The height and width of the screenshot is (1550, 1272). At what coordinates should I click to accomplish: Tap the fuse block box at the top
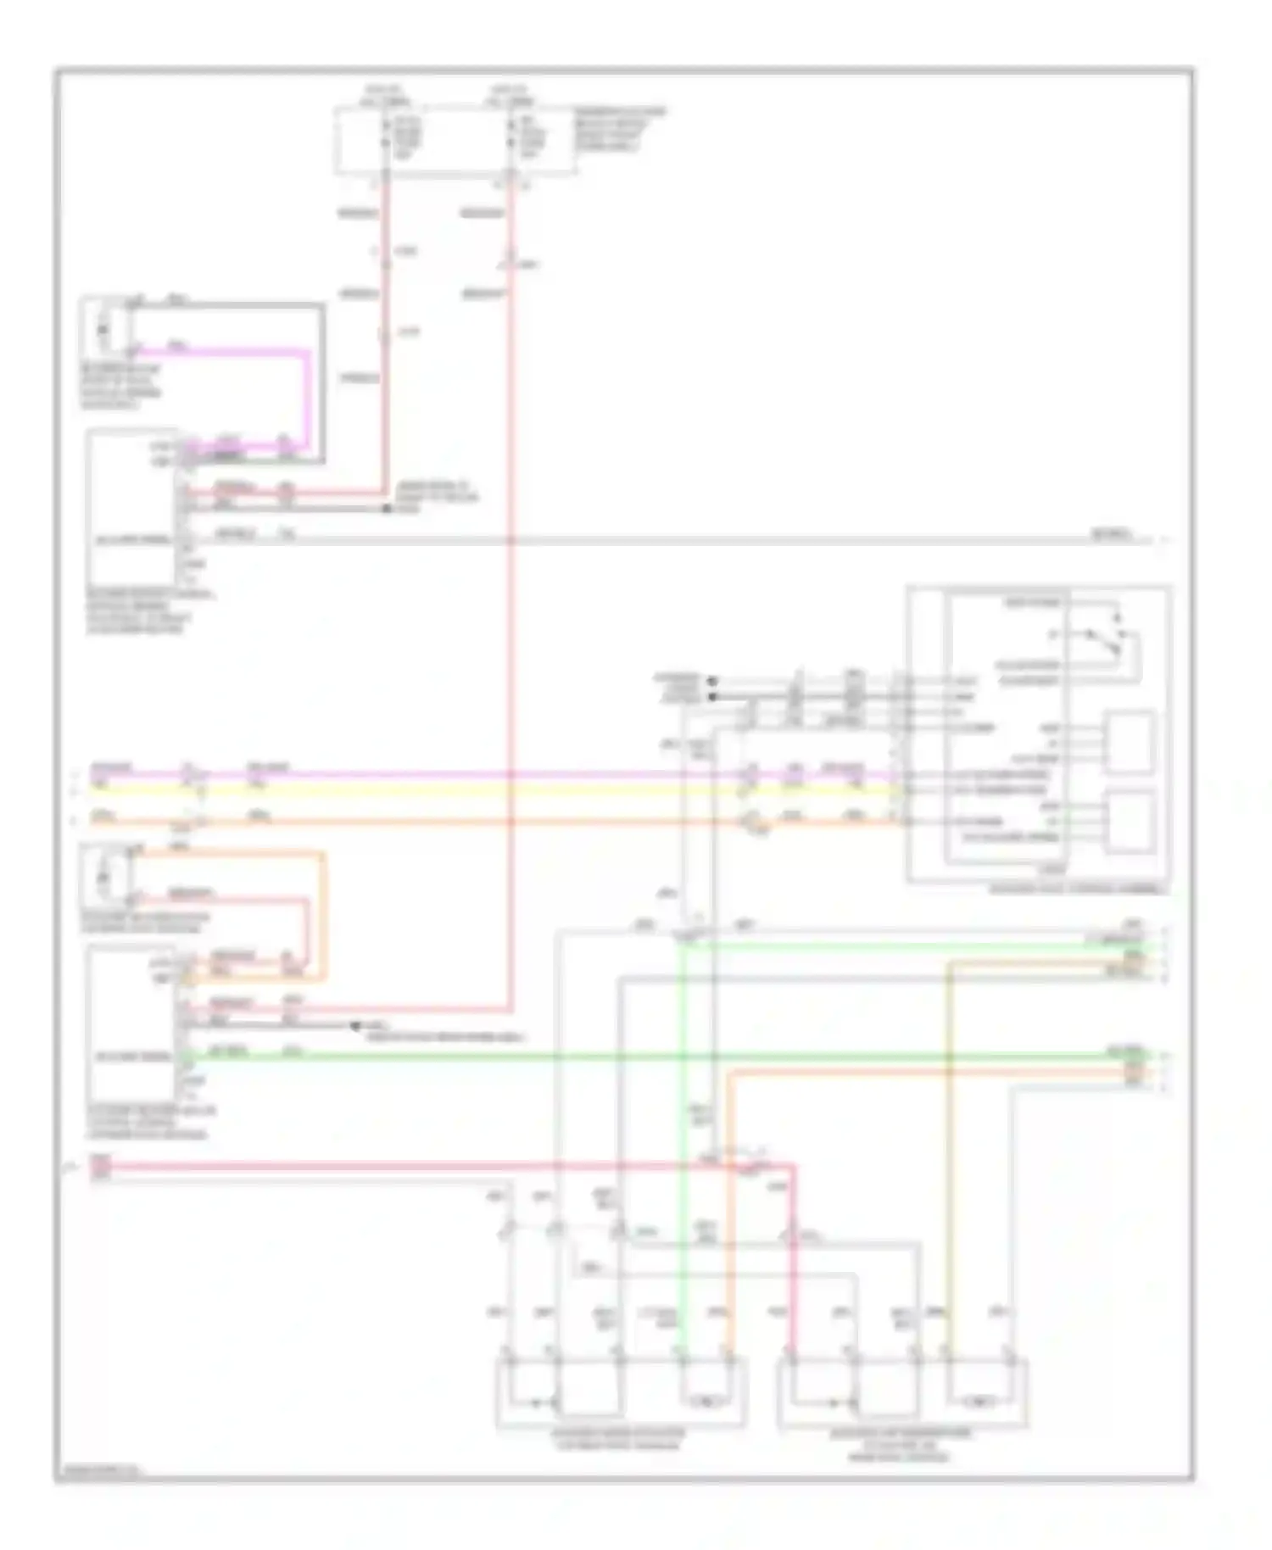(x=455, y=141)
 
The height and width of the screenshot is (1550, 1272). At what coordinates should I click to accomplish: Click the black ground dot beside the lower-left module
(x=356, y=1026)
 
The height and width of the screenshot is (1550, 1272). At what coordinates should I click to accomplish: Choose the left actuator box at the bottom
(x=621, y=1395)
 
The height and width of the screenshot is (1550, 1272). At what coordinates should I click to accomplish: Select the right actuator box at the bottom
(x=902, y=1395)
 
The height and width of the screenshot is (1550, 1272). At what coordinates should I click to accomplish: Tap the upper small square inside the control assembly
(x=1129, y=743)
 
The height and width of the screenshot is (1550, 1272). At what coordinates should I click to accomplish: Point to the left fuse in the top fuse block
(x=387, y=136)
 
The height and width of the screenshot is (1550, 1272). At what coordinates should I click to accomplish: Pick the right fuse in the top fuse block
(x=511, y=136)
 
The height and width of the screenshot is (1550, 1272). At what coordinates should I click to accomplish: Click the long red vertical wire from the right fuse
(x=511, y=594)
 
